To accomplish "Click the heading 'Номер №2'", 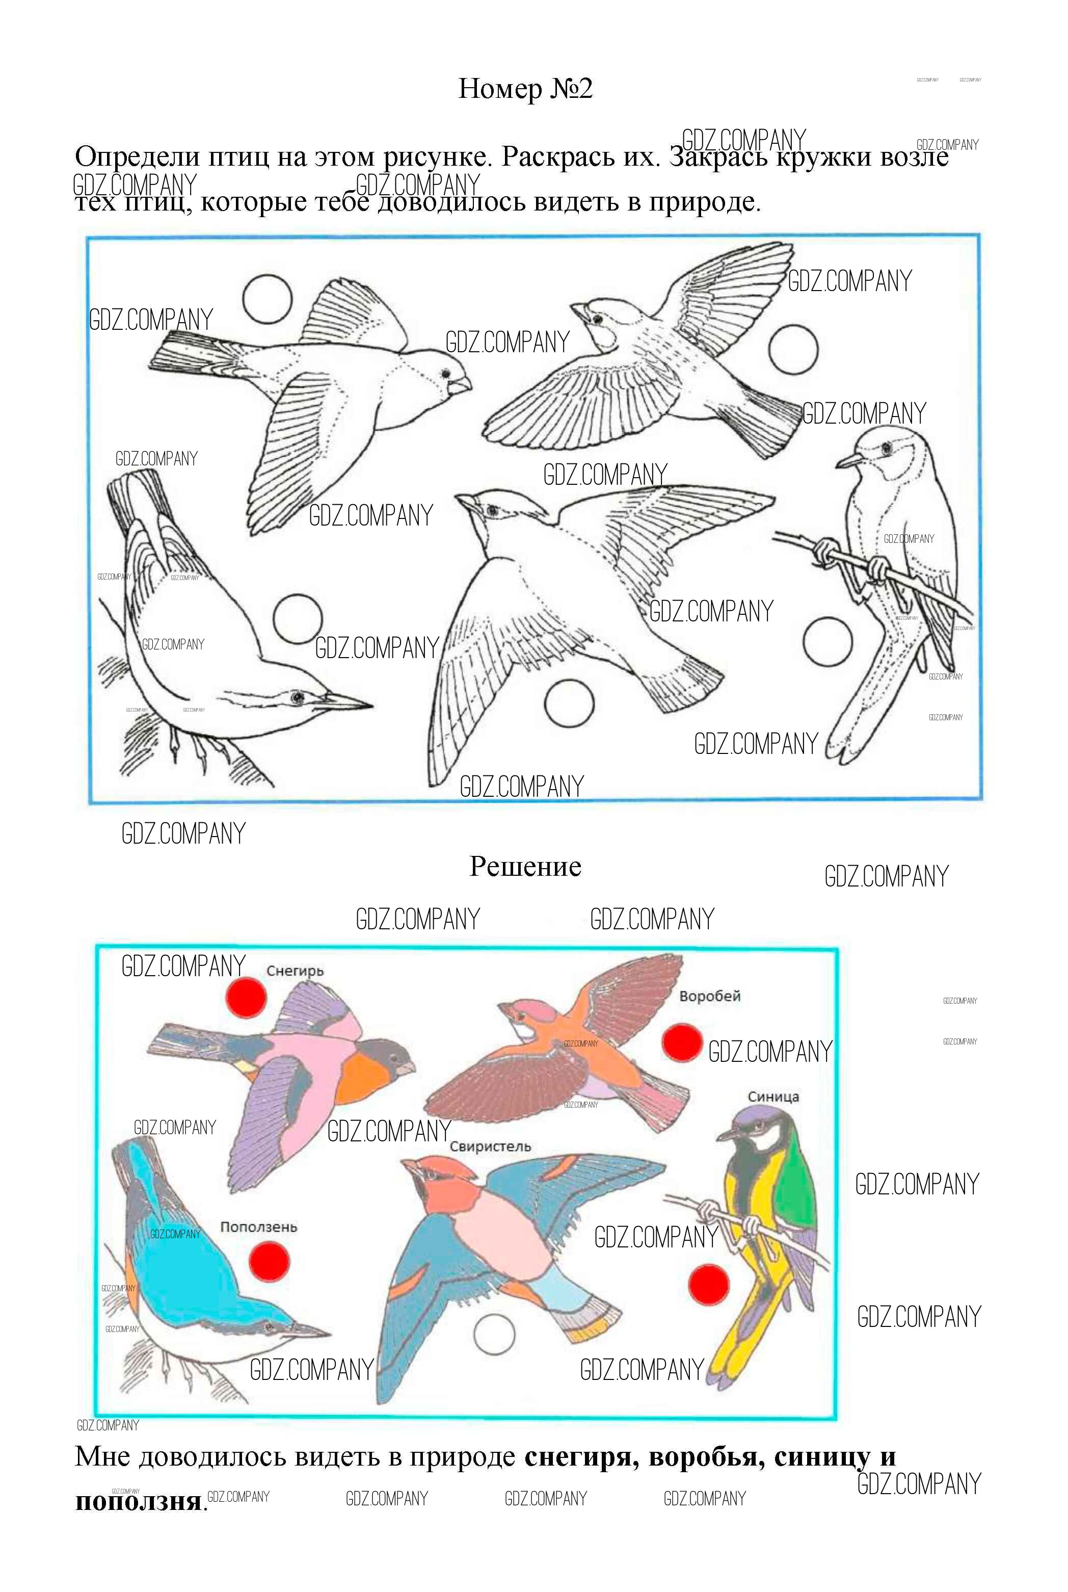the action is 525,89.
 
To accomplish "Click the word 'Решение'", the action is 525,867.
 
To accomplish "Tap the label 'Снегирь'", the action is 295,972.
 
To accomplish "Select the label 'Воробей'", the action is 710,996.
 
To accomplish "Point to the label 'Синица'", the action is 773,1097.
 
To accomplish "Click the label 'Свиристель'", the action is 490,1146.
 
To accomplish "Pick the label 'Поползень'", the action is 259,1227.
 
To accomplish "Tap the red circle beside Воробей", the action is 682,1042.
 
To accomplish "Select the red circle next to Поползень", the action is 270,1262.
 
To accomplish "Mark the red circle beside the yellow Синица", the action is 709,1286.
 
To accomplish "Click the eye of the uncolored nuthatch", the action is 297,697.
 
